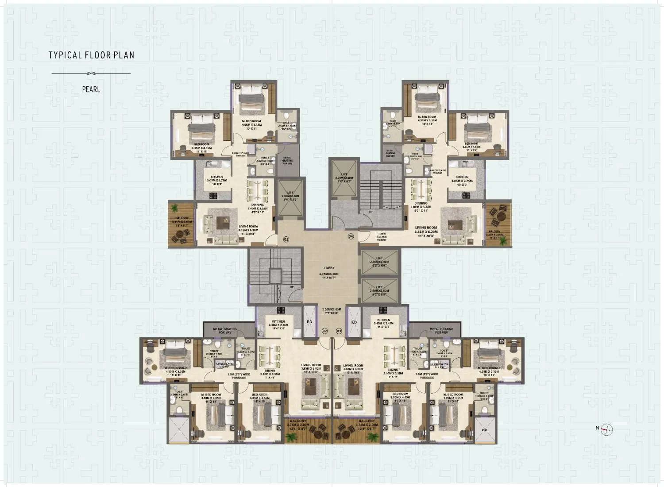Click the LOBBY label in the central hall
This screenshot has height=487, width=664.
[329, 268]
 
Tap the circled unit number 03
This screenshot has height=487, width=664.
[286, 240]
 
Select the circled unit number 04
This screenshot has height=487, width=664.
[351, 236]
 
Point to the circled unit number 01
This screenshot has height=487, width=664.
[340, 331]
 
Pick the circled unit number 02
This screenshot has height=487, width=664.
[324, 331]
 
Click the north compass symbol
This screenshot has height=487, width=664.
[607, 428]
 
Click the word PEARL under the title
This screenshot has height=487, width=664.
[91, 89]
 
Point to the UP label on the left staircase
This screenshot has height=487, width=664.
[292, 287]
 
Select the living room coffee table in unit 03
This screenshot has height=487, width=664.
[220, 222]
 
